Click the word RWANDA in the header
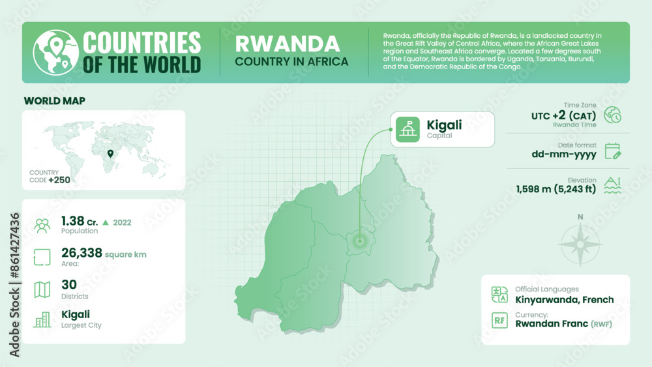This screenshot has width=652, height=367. [287, 44]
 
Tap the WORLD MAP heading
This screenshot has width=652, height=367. [54, 101]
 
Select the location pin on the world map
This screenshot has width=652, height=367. [110, 154]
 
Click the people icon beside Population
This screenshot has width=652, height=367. [42, 226]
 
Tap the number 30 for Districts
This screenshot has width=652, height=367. [69, 284]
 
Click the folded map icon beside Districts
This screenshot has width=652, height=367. [42, 289]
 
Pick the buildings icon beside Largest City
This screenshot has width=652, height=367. [42, 319]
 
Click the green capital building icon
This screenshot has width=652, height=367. [408, 129]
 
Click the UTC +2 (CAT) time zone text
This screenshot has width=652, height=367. [563, 116]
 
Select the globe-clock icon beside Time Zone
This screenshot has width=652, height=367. [613, 115]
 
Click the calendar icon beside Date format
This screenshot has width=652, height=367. [613, 151]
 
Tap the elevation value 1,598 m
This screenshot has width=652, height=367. [556, 190]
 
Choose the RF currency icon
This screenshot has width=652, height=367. [499, 320]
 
